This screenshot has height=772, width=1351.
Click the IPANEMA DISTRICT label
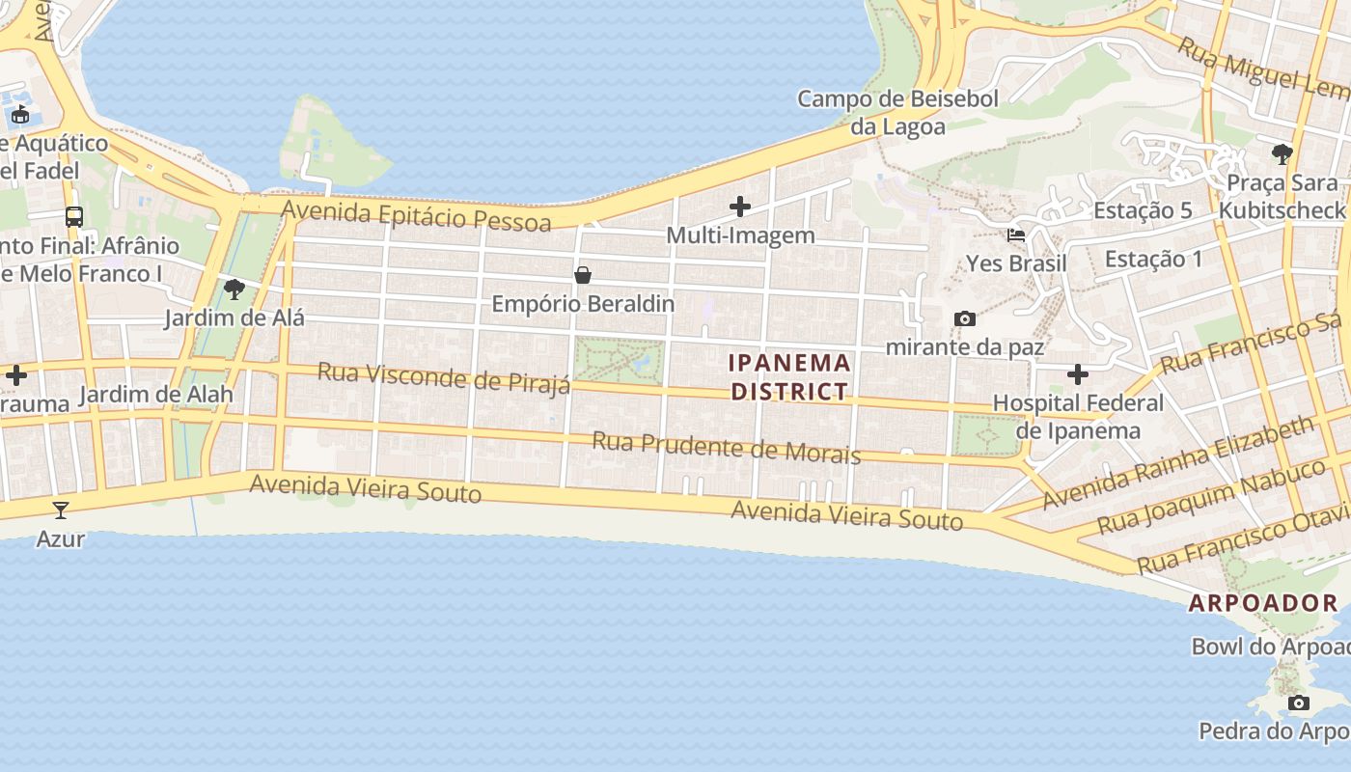pyautogui.click(x=789, y=377)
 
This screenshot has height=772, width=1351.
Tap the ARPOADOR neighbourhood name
pyautogui.click(x=1263, y=603)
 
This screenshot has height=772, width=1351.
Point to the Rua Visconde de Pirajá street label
pyautogui.click(x=444, y=378)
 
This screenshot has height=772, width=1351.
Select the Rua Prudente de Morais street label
pyautogui.click(x=726, y=448)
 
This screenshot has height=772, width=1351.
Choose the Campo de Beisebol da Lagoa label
pyautogui.click(x=897, y=112)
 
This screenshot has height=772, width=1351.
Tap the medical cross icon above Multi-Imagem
pyautogui.click(x=740, y=207)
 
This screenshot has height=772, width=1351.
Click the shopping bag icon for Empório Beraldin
pyautogui.click(x=583, y=275)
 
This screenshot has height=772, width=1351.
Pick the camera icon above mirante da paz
pyautogui.click(x=964, y=318)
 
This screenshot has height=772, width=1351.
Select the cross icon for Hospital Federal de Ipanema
pyautogui.click(x=1078, y=374)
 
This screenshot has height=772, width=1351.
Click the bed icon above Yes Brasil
pyautogui.click(x=1016, y=234)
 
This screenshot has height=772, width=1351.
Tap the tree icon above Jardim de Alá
pyautogui.click(x=234, y=289)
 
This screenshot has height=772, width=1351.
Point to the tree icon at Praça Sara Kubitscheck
pyautogui.click(x=1282, y=153)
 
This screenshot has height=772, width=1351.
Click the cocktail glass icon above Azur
pyautogui.click(x=61, y=510)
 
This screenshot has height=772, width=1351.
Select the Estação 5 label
pyautogui.click(x=1143, y=210)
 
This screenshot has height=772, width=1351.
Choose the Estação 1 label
pyautogui.click(x=1153, y=259)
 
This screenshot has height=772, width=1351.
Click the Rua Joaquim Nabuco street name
pyautogui.click(x=1212, y=497)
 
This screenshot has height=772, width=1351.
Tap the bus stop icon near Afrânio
pyautogui.click(x=74, y=216)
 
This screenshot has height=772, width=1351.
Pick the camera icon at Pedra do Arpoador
pyautogui.click(x=1299, y=703)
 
